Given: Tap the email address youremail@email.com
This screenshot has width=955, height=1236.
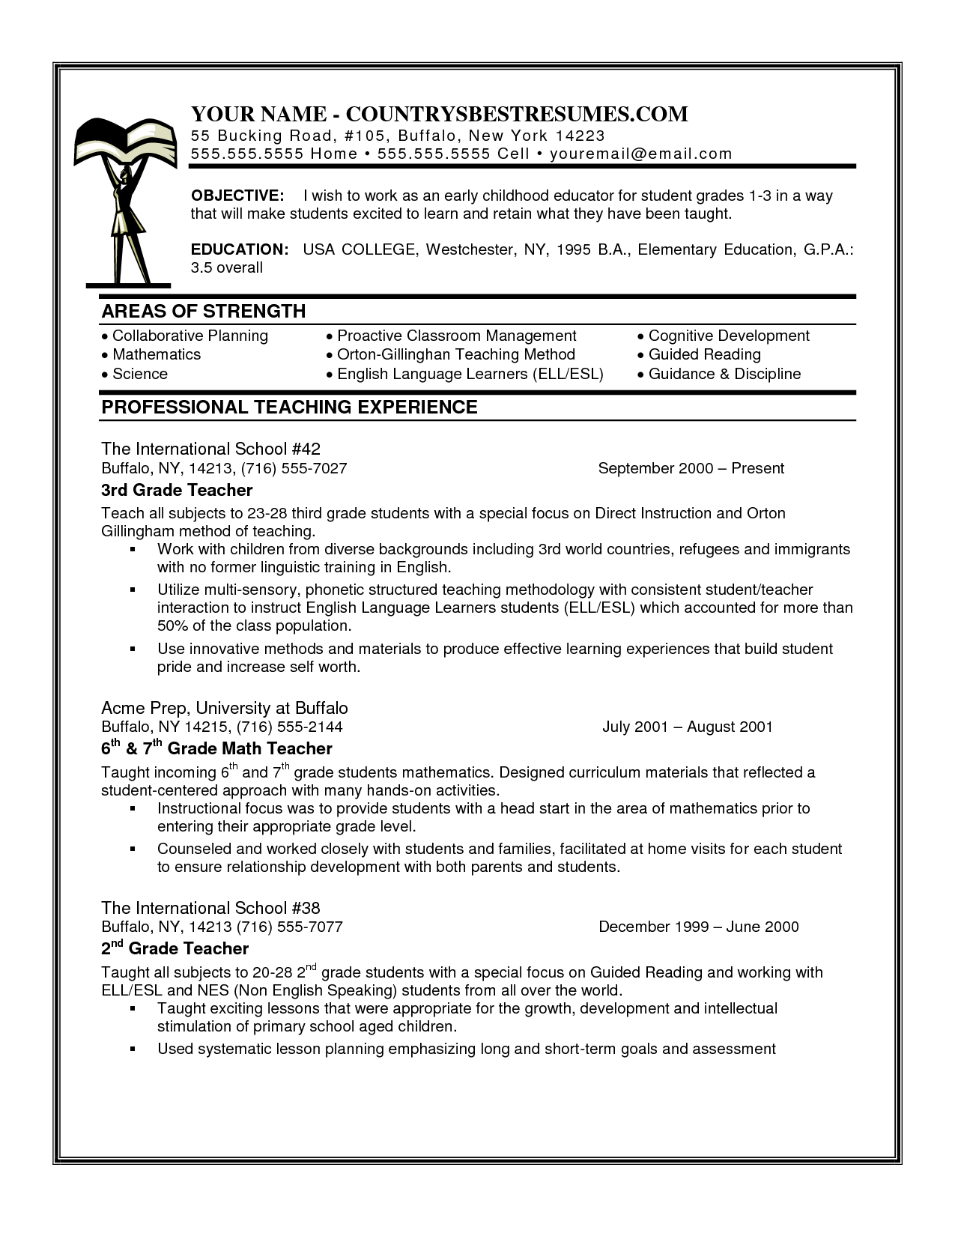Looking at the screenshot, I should point(640,154).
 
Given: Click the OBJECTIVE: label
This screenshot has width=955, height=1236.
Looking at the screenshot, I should point(237,196).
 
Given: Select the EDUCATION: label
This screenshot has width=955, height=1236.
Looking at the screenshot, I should point(240,249).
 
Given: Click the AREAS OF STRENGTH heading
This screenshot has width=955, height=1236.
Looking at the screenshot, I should point(204,311).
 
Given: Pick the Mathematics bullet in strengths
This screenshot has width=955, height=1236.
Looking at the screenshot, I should point(156,354).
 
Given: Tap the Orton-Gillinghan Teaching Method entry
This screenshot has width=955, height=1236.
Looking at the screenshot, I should point(455,354).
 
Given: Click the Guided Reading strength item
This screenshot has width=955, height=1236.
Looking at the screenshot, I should point(704,354).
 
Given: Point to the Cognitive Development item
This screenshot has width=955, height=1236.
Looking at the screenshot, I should point(729,336).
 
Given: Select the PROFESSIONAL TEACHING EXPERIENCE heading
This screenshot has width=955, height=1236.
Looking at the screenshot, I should point(289,407).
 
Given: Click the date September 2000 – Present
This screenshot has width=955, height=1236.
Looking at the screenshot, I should point(691,468).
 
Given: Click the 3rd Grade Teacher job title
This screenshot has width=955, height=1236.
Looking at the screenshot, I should point(177,490).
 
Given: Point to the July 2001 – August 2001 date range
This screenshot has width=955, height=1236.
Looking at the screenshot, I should point(687,727).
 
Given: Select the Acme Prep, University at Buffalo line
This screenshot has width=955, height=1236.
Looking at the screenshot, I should point(225,708).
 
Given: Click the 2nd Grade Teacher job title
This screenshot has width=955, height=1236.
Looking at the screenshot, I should point(175,948).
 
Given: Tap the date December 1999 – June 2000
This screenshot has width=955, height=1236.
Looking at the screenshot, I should point(698,927).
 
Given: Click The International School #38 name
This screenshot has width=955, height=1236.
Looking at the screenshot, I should point(210,908).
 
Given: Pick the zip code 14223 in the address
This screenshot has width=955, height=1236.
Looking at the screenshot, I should point(580,136).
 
